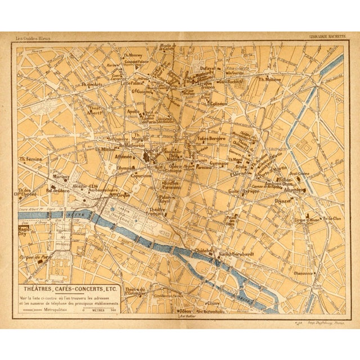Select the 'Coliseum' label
[x=216, y=103]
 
